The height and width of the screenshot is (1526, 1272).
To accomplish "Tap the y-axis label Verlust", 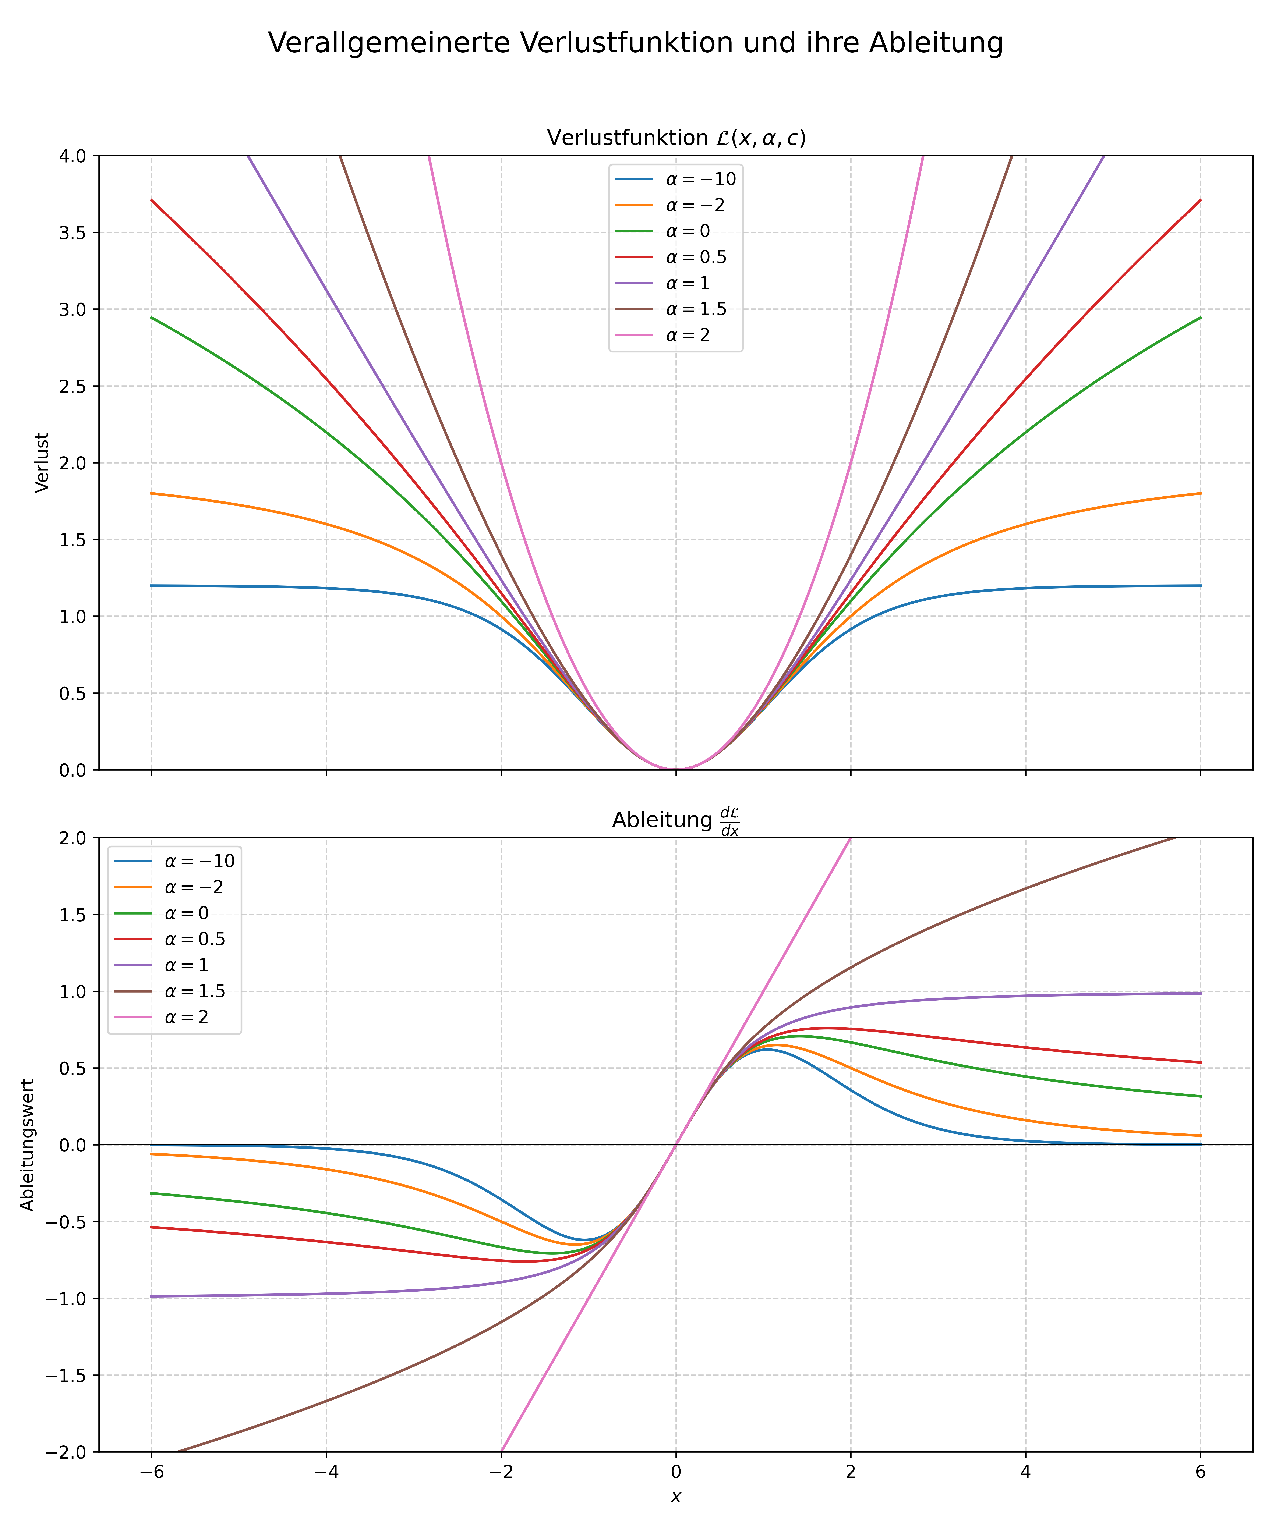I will [x=42, y=463].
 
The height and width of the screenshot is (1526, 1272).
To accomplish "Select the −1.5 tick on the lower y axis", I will [x=66, y=1376].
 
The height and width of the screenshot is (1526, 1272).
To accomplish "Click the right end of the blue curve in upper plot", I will [x=1200, y=586].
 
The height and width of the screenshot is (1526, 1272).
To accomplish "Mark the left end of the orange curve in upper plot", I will [x=151, y=493].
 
